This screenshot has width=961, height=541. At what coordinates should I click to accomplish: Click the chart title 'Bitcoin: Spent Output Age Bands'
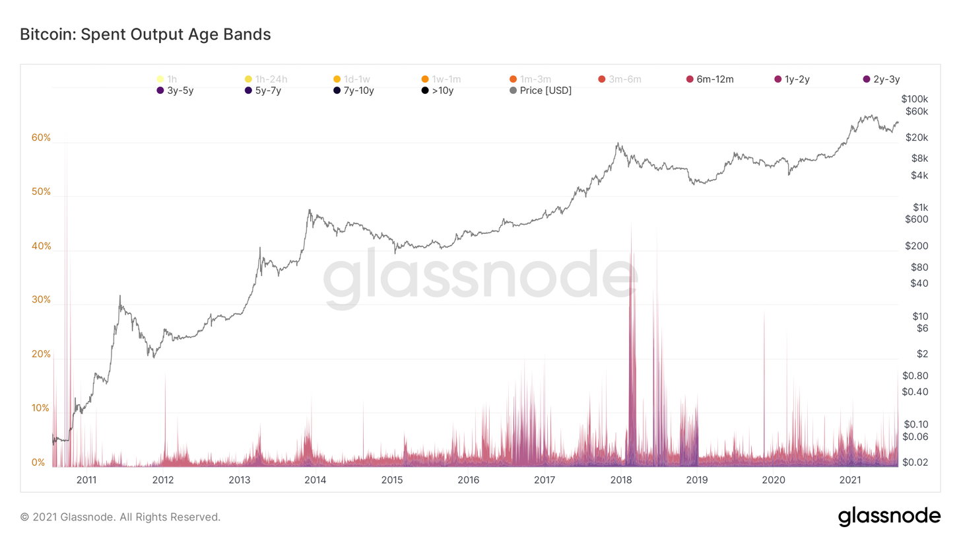point(145,34)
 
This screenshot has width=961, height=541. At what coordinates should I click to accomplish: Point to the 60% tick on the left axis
point(41,138)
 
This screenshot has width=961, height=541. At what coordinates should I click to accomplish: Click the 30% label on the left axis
point(41,300)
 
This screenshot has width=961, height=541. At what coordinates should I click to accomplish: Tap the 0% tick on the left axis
point(39,462)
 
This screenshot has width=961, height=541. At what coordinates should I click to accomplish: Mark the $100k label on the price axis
point(914,98)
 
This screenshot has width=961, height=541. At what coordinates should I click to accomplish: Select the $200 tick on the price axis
point(915,246)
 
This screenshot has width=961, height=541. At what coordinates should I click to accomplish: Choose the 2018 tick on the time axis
point(620,480)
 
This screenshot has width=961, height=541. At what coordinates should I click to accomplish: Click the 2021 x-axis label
point(849,480)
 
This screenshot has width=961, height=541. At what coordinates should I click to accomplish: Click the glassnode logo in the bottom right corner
point(888,517)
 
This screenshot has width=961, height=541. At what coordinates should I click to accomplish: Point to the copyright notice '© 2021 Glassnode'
point(120,517)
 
